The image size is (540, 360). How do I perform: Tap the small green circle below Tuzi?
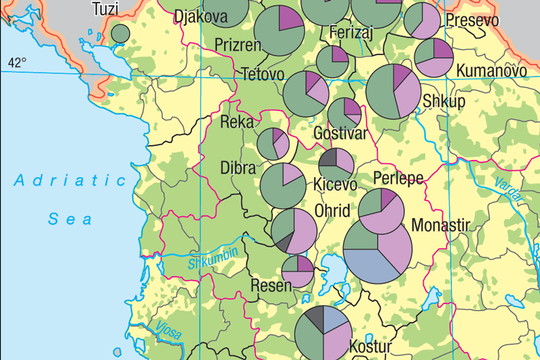[120, 33]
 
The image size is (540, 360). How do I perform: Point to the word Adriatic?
[72, 180]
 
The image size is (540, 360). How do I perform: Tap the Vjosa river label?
[169, 330]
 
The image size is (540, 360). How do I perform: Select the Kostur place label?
[371, 347]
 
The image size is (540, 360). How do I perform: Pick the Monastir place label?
[440, 224]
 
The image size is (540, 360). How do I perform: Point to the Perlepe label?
[398, 179]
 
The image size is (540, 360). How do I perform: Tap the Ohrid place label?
[333, 211]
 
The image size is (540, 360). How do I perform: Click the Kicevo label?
[335, 184]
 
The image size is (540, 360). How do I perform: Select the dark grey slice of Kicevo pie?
[328, 158]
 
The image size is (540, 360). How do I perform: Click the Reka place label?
[237, 122]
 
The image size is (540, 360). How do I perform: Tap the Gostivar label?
[341, 134]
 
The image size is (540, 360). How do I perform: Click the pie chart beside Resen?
[298, 271]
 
